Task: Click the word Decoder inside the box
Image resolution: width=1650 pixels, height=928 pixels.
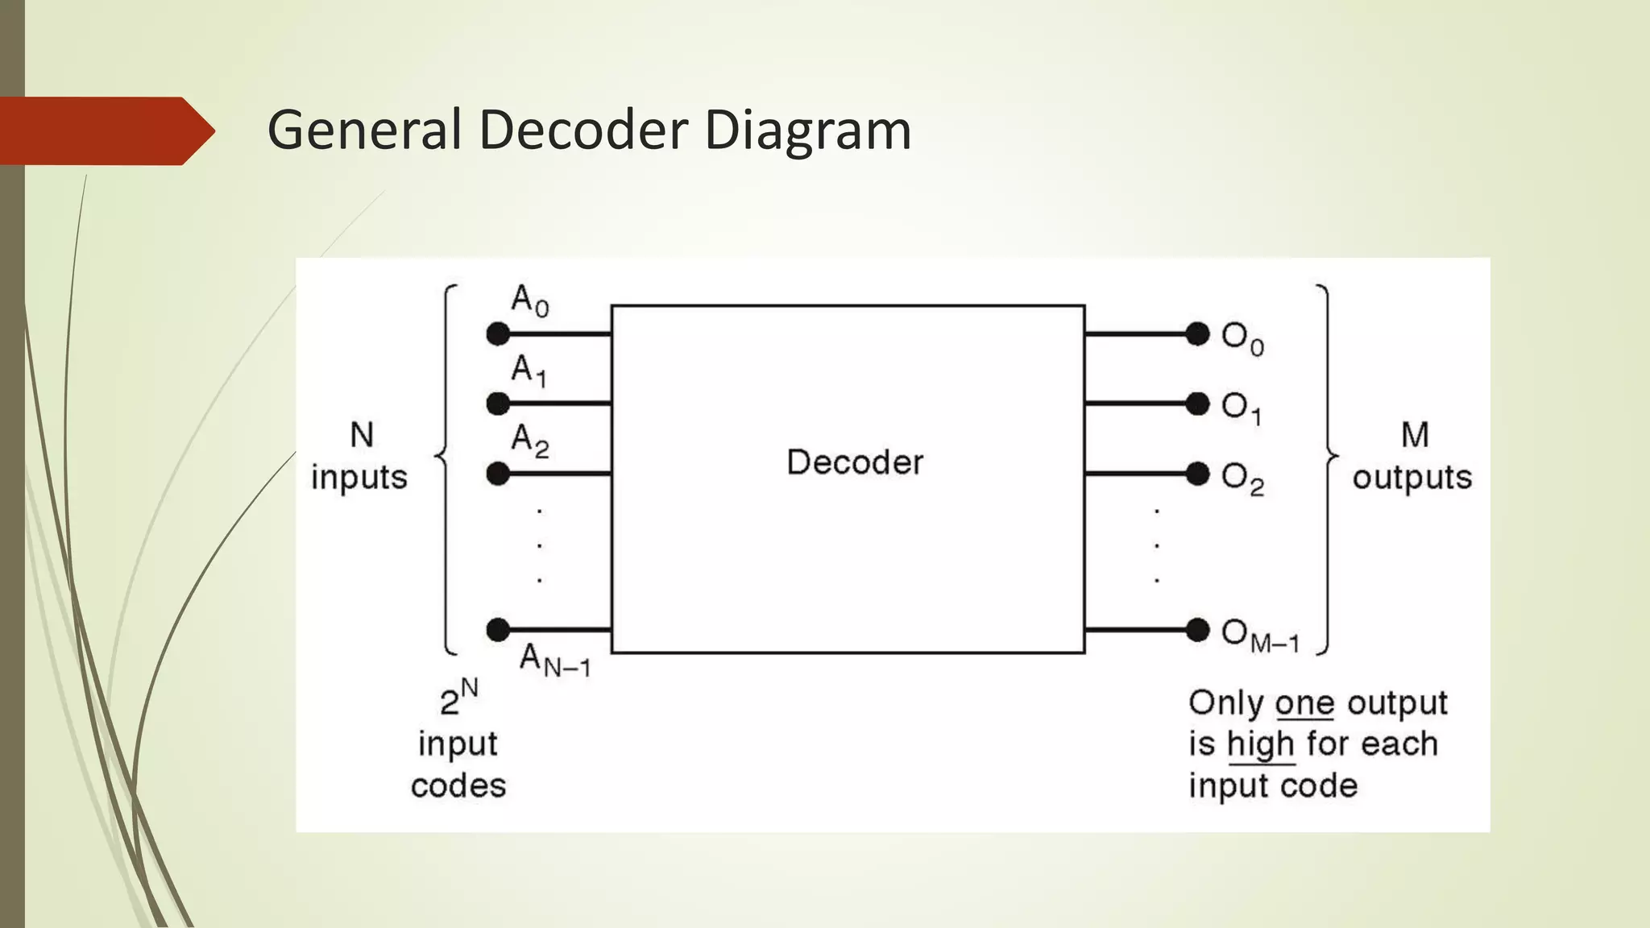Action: (855, 462)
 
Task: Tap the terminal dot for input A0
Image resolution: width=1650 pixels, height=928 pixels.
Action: (498, 333)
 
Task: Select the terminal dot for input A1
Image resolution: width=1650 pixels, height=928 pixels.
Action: (498, 403)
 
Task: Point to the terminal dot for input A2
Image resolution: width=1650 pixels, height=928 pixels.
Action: (498, 474)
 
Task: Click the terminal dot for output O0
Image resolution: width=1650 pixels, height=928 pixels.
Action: (1198, 333)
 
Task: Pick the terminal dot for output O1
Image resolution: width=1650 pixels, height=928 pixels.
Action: (1198, 403)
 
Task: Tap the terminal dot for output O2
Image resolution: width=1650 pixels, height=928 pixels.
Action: (1198, 474)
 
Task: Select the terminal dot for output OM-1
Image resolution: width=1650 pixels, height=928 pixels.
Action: (1198, 629)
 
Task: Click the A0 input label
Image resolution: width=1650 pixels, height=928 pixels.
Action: (529, 301)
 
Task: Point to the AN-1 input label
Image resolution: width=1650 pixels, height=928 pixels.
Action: (554, 660)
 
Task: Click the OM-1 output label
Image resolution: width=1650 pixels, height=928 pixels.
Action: (1259, 636)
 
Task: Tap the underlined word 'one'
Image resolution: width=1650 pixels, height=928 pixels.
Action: (1305, 703)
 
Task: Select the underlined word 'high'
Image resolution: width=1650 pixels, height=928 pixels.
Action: (1261, 745)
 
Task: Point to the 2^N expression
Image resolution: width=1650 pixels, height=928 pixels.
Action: (458, 698)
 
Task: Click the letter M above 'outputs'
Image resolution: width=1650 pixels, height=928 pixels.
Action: (1415, 436)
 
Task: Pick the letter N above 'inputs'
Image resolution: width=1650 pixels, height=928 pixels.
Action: (362, 436)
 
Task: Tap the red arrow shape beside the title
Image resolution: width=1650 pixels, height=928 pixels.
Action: (105, 131)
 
